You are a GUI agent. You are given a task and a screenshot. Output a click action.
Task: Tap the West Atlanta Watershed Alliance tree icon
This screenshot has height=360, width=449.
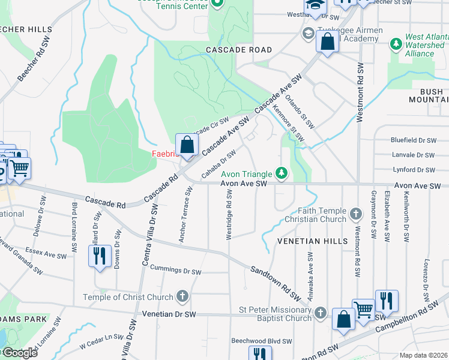[x=396, y=44]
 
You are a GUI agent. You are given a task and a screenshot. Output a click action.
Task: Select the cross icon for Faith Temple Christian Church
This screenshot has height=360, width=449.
[x=356, y=214]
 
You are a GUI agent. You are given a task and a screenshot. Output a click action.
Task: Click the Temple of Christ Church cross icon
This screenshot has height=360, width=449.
[x=182, y=296]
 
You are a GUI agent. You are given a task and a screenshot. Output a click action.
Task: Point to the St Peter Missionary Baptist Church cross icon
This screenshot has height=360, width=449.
[x=321, y=313]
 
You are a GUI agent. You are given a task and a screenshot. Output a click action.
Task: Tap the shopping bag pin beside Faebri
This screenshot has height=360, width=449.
[x=187, y=145]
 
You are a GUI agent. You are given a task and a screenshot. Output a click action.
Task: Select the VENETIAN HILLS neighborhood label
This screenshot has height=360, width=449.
[x=312, y=241]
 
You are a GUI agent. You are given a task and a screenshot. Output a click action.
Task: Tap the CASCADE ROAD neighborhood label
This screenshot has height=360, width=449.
[x=239, y=50]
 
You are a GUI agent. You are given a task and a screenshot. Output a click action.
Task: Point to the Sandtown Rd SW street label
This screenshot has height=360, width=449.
[x=276, y=283]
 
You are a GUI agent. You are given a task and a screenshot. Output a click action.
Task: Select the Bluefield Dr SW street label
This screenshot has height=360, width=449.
[x=412, y=140]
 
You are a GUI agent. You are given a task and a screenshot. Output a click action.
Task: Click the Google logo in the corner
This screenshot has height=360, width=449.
[x=20, y=353]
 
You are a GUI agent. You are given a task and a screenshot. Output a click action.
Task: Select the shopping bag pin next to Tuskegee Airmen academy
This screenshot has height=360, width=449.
[x=327, y=43]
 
